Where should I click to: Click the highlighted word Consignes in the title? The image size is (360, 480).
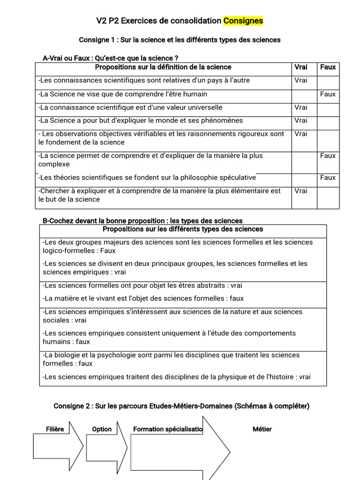point(243,21)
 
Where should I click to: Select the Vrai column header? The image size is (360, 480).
point(301,67)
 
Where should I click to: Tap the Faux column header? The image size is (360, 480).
point(328,67)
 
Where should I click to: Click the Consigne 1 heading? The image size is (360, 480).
point(180,40)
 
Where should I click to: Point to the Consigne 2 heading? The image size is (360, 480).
point(181,406)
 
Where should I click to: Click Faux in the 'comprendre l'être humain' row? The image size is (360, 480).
point(328,94)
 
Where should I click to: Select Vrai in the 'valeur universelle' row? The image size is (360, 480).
point(301,107)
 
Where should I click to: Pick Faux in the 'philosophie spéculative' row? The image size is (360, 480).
point(328,177)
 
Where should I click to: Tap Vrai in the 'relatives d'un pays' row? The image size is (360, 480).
point(301,80)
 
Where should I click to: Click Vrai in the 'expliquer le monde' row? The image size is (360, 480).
point(301,120)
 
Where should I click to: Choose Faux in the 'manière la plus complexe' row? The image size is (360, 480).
point(328,156)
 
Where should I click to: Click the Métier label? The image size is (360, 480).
point(262,429)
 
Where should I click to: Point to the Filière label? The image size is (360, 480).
point(55,429)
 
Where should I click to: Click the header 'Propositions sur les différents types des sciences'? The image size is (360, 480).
point(183,229)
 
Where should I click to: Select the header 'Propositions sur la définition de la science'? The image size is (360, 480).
point(163,67)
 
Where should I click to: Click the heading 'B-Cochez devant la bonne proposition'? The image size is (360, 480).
point(142,220)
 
